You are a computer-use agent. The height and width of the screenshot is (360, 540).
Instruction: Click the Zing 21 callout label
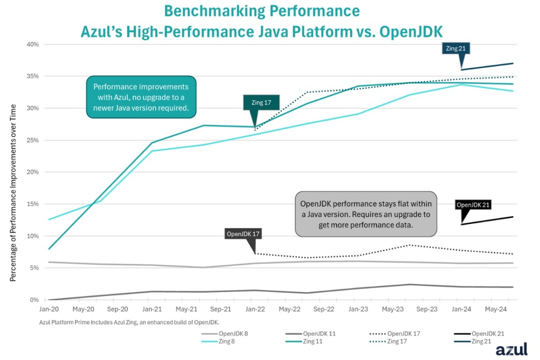[456, 48]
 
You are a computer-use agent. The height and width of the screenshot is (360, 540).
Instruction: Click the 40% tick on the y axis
[33, 44]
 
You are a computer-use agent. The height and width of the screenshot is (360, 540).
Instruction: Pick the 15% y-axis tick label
[33, 204]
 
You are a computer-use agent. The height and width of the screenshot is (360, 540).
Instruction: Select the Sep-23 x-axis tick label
[427, 309]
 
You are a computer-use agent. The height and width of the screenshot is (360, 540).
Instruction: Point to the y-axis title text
[13, 193]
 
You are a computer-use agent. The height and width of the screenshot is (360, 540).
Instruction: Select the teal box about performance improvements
[141, 97]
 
